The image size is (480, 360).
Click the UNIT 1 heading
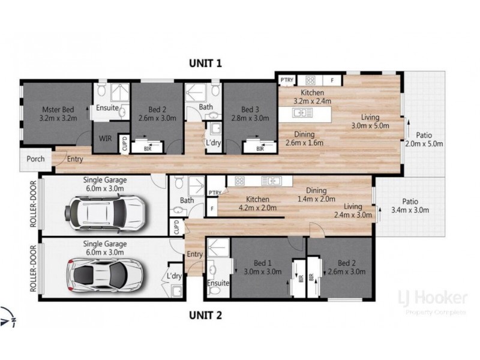coord(206,62)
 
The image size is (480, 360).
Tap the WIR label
coord(104,138)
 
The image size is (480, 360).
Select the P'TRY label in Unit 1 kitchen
coord(286,79)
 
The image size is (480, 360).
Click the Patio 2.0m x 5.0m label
coord(423,139)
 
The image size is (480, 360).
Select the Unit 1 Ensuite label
coord(107,109)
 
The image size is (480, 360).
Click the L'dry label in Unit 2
coord(175,276)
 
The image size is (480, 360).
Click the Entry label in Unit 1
coord(75,159)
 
